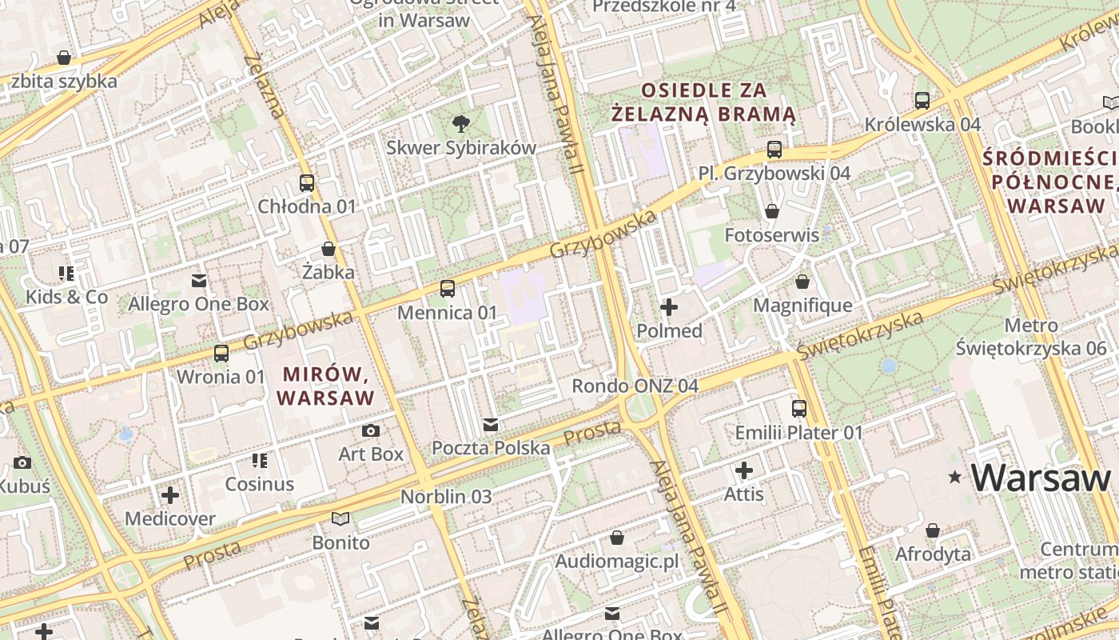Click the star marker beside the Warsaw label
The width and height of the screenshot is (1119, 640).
[x=954, y=478]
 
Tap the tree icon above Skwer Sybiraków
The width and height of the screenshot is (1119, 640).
[x=460, y=123]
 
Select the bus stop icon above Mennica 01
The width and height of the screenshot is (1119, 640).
[x=448, y=288]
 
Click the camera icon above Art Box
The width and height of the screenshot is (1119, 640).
[x=370, y=430]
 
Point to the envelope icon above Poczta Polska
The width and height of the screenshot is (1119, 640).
[x=491, y=424]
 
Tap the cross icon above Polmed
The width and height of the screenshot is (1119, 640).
[x=669, y=306]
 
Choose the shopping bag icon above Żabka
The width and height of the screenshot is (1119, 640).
[x=328, y=249]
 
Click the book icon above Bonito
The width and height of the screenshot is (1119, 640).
[x=340, y=518]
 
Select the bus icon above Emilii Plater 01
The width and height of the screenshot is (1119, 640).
[x=798, y=409]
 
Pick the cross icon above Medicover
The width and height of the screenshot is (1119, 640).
[x=169, y=494]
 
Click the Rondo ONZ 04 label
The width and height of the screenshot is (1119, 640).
[x=635, y=386]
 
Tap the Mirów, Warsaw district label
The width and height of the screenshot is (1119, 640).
[x=325, y=385]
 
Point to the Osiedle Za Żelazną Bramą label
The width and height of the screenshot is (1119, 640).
[x=703, y=102]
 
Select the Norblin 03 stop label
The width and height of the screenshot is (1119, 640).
[x=446, y=496]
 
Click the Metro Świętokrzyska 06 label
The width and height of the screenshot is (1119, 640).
[x=1031, y=337]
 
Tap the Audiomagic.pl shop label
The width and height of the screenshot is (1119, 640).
[x=616, y=561]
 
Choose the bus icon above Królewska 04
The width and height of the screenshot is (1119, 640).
[x=922, y=101]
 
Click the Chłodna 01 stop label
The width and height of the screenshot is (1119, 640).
[x=306, y=206]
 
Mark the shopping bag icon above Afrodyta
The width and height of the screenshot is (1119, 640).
[x=932, y=530]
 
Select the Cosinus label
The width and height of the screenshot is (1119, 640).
[x=259, y=484]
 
